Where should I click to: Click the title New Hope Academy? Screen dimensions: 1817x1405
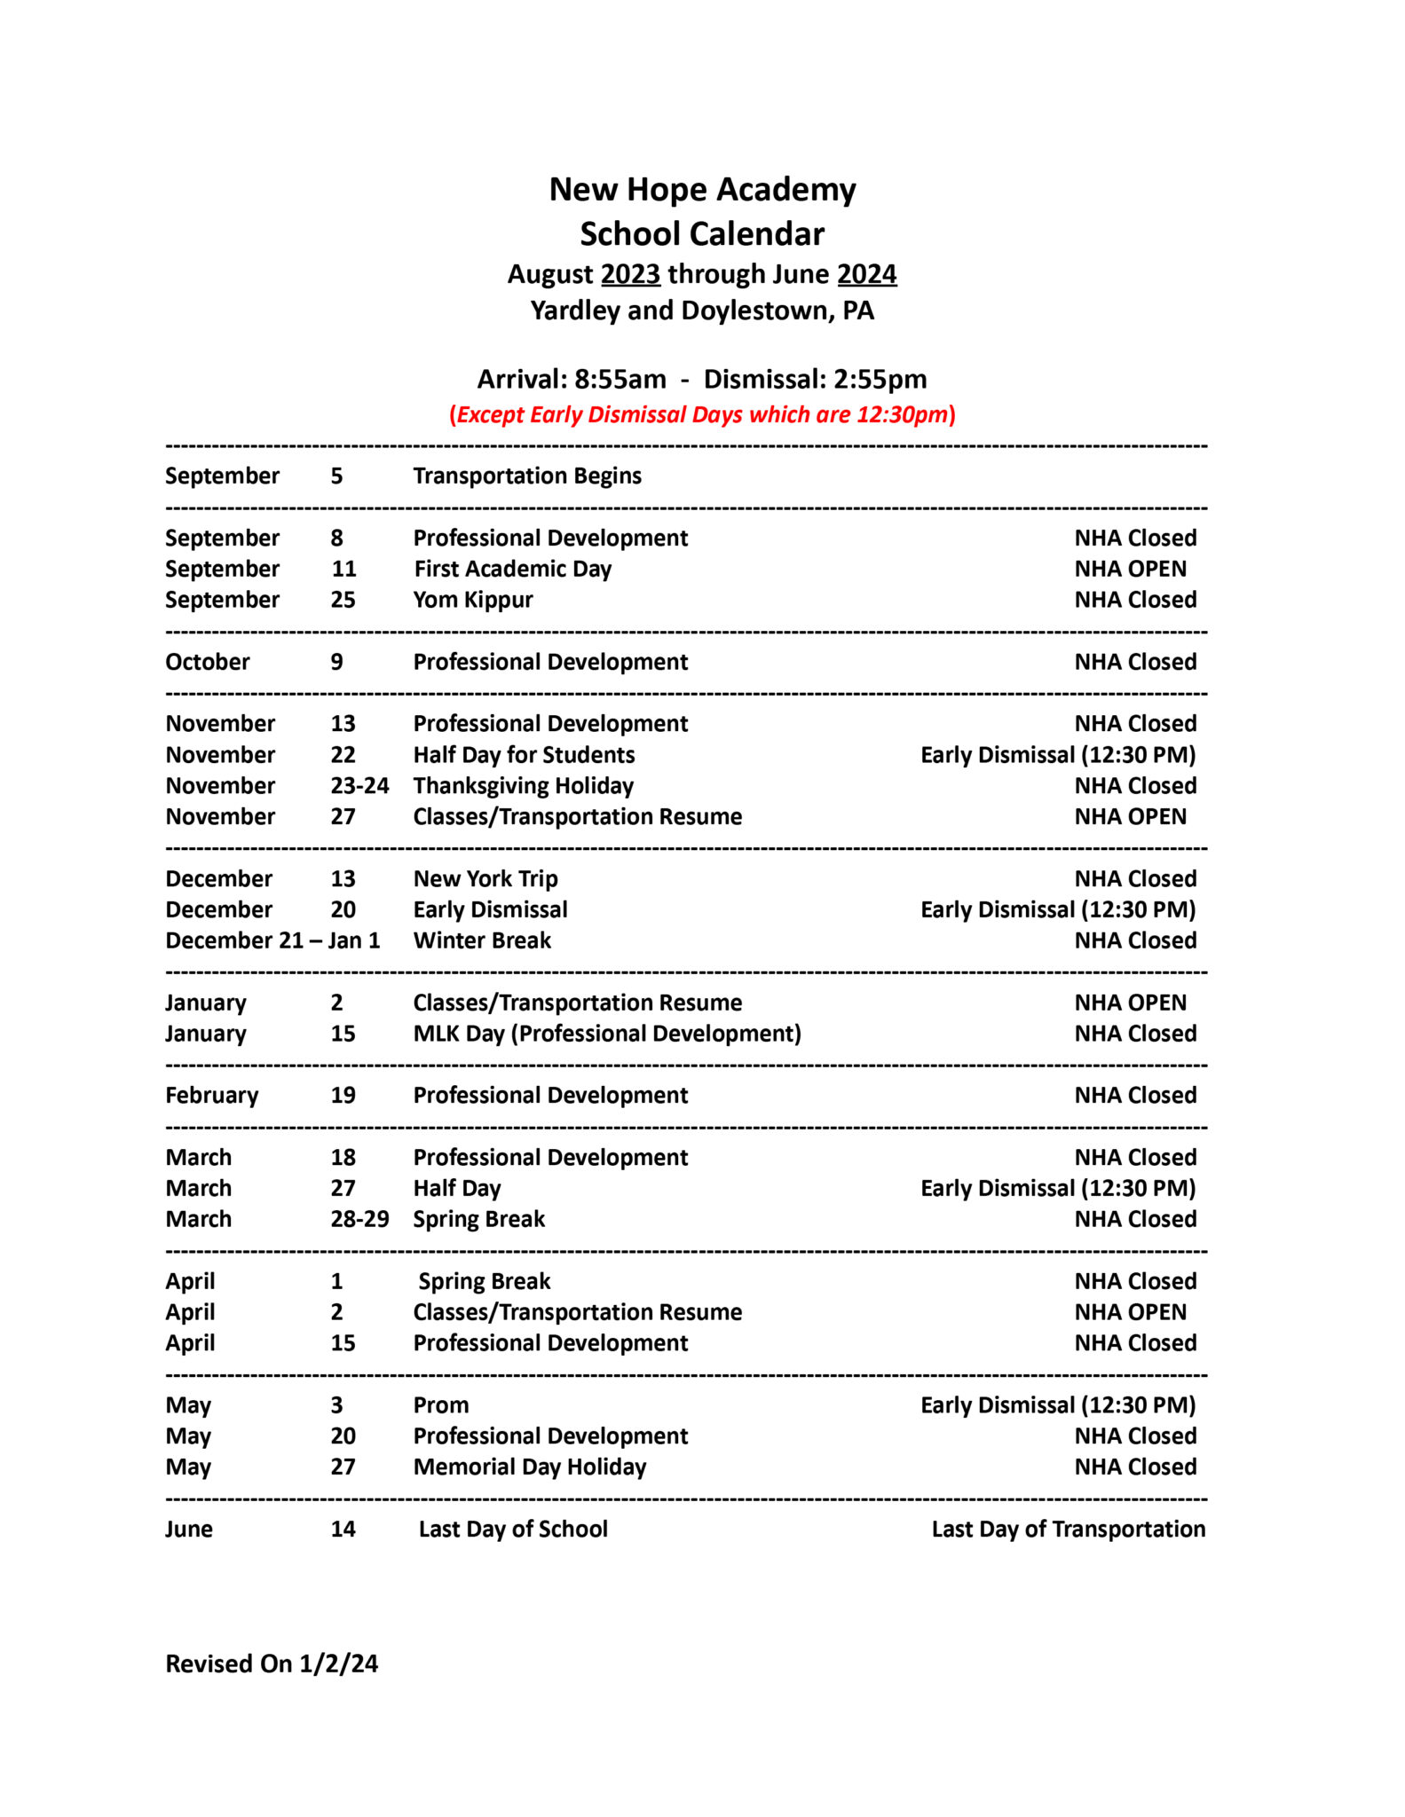(702, 190)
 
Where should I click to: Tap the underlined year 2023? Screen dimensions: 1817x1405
(630, 274)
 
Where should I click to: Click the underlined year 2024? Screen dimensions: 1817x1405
(866, 274)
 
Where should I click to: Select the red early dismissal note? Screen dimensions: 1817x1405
(702, 414)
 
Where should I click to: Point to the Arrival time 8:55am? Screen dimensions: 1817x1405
(620, 379)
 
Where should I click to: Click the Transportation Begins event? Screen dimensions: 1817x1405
(527, 476)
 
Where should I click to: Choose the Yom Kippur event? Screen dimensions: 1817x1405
(473, 600)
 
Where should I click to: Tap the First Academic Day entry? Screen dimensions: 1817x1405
(513, 569)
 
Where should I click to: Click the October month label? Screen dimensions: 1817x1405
(208, 662)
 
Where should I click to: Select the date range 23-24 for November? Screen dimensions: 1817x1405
(359, 786)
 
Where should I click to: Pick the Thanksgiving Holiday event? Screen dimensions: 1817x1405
(524, 786)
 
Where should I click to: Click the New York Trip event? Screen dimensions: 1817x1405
(485, 878)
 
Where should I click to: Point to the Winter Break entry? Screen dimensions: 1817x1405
(482, 940)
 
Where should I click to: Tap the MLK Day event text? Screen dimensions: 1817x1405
(607, 1034)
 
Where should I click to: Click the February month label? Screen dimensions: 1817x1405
(211, 1096)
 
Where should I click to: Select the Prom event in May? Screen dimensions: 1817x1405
(441, 1405)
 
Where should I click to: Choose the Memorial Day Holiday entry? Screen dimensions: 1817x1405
(530, 1467)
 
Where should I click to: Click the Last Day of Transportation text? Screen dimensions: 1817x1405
(1068, 1530)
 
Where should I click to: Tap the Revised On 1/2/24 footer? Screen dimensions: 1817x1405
(272, 1664)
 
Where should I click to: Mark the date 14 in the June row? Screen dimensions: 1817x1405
(343, 1530)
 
